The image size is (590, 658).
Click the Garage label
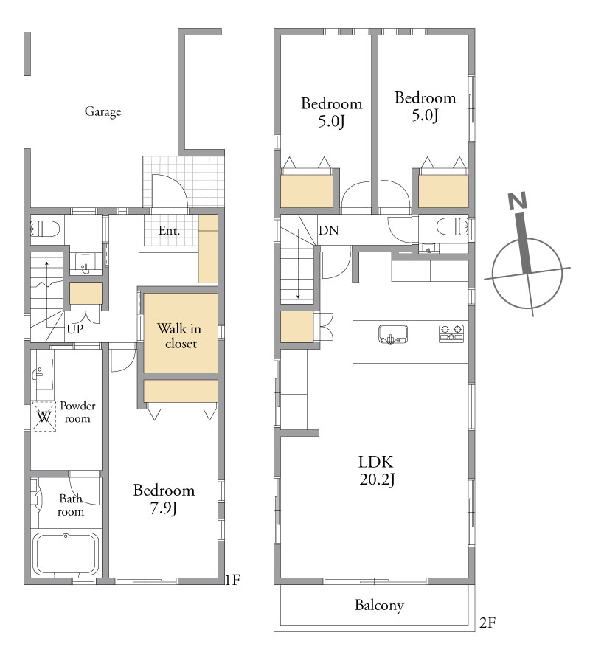103,111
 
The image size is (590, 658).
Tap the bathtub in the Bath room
66,554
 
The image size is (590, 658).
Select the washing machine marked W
44,416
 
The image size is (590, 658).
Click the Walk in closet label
180,336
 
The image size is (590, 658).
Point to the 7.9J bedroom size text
164,508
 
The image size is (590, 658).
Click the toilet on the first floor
45,229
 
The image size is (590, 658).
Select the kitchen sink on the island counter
393,334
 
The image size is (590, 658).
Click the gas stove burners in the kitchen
451,333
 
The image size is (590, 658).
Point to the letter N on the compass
517,201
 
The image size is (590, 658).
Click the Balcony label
379,605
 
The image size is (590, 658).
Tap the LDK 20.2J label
376,471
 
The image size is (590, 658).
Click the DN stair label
329,230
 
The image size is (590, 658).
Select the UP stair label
75,329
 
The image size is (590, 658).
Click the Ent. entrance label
169,230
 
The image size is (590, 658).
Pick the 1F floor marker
232,580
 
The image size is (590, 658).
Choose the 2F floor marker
487,623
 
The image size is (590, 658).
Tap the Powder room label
77,412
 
